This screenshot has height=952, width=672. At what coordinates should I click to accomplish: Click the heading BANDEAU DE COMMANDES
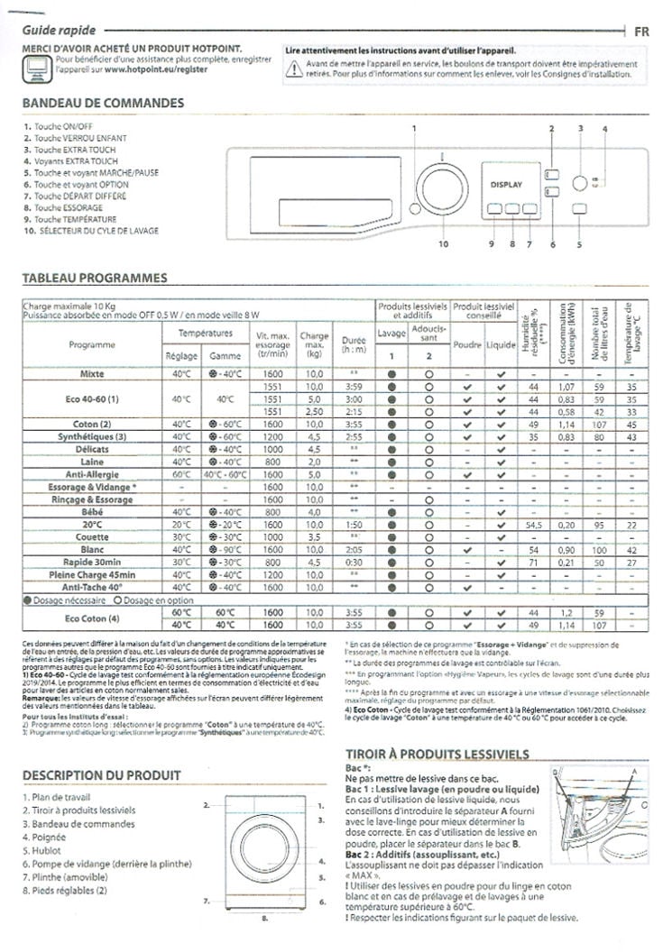tap(103, 103)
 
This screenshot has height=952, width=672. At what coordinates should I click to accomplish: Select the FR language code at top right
tap(641, 31)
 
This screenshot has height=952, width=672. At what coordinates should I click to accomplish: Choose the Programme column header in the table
tap(91, 344)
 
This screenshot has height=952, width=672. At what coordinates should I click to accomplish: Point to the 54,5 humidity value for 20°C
tap(533, 524)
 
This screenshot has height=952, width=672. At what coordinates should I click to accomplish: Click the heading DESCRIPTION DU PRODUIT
tap(101, 774)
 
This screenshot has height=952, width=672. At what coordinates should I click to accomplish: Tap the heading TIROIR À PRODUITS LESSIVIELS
tap(437, 754)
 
